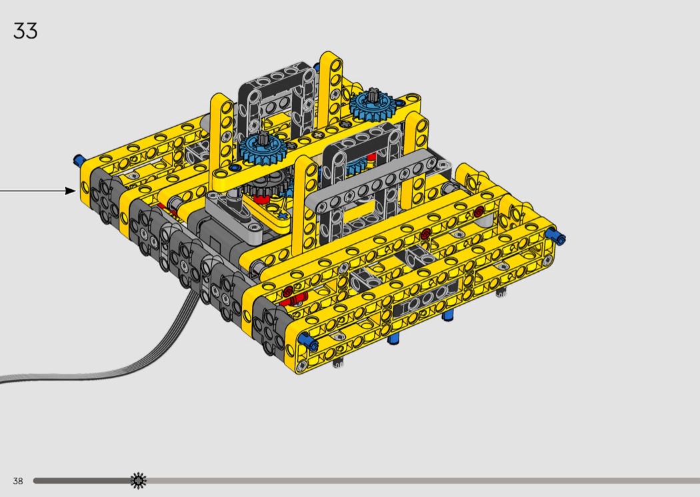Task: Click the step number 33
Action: click(25, 31)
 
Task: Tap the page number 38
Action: click(18, 481)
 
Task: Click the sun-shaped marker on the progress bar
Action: click(139, 480)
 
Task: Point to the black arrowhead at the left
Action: click(71, 191)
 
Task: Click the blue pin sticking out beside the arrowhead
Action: click(79, 160)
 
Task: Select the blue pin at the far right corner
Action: click(557, 237)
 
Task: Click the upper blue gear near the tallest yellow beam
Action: click(371, 107)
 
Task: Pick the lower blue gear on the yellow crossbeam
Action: click(262, 149)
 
